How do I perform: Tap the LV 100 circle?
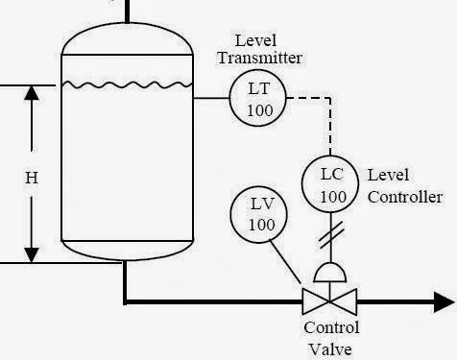tap(262, 213)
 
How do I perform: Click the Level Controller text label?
tap(403, 187)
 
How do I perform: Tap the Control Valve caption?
tap(331, 337)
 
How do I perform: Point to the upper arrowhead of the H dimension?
tap(32, 94)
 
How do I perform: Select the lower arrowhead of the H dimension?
tap(32, 253)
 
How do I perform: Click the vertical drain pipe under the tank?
tap(125, 280)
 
